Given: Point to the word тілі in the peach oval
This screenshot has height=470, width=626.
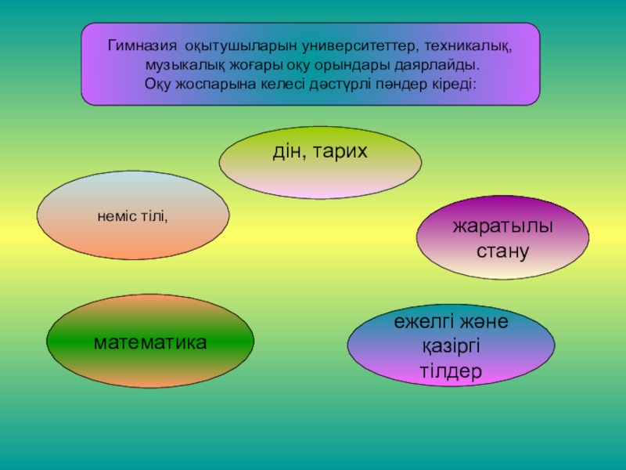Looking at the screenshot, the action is click(x=154, y=214).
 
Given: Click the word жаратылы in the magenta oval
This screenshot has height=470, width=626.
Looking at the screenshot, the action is click(x=502, y=227).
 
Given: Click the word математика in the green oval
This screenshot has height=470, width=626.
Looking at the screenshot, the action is click(x=150, y=342).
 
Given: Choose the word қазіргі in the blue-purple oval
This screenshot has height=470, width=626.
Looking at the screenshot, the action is click(x=451, y=345).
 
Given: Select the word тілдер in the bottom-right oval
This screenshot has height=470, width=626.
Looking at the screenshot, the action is click(x=451, y=370).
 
